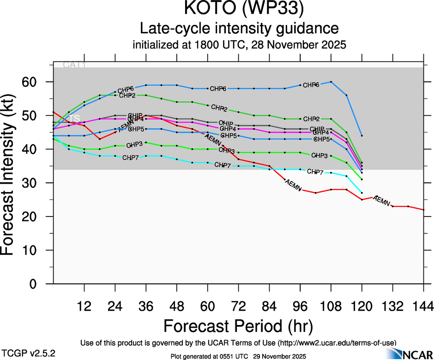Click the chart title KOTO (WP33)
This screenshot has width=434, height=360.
coord(239,9)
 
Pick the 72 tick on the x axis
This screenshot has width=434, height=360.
coord(238,306)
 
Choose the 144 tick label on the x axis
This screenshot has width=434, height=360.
coord(424,306)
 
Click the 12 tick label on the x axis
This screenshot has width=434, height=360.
coord(84,306)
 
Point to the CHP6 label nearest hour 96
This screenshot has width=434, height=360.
coord(311,85)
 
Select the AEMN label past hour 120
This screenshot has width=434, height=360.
coord(382,200)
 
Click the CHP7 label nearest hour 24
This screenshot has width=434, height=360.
coord(130,158)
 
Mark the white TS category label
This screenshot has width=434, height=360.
coord(74,119)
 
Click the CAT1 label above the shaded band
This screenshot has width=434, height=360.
coord(74,65)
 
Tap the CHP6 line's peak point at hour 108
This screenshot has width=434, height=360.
coord(331,82)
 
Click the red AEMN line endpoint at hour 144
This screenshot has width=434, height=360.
coord(424,210)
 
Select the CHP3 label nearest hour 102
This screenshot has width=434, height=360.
coord(319,156)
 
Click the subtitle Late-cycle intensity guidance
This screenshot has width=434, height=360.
coord(239,29)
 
